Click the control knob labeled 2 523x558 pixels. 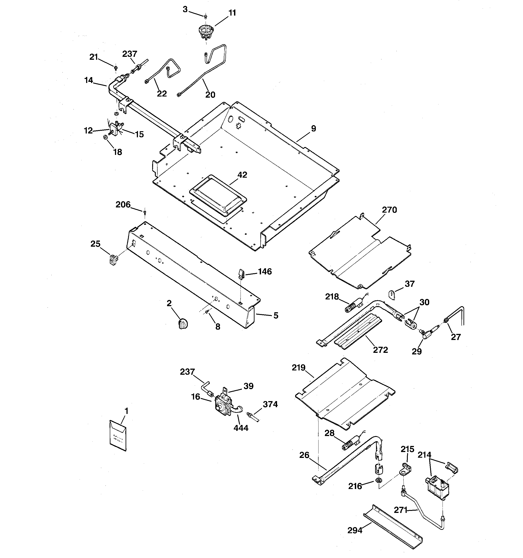[183, 324]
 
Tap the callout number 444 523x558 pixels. [241, 428]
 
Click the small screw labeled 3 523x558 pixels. [206, 16]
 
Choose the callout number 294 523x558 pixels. [355, 530]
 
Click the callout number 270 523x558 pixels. [389, 210]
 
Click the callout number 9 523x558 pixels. [313, 128]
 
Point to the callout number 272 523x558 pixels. [380, 350]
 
